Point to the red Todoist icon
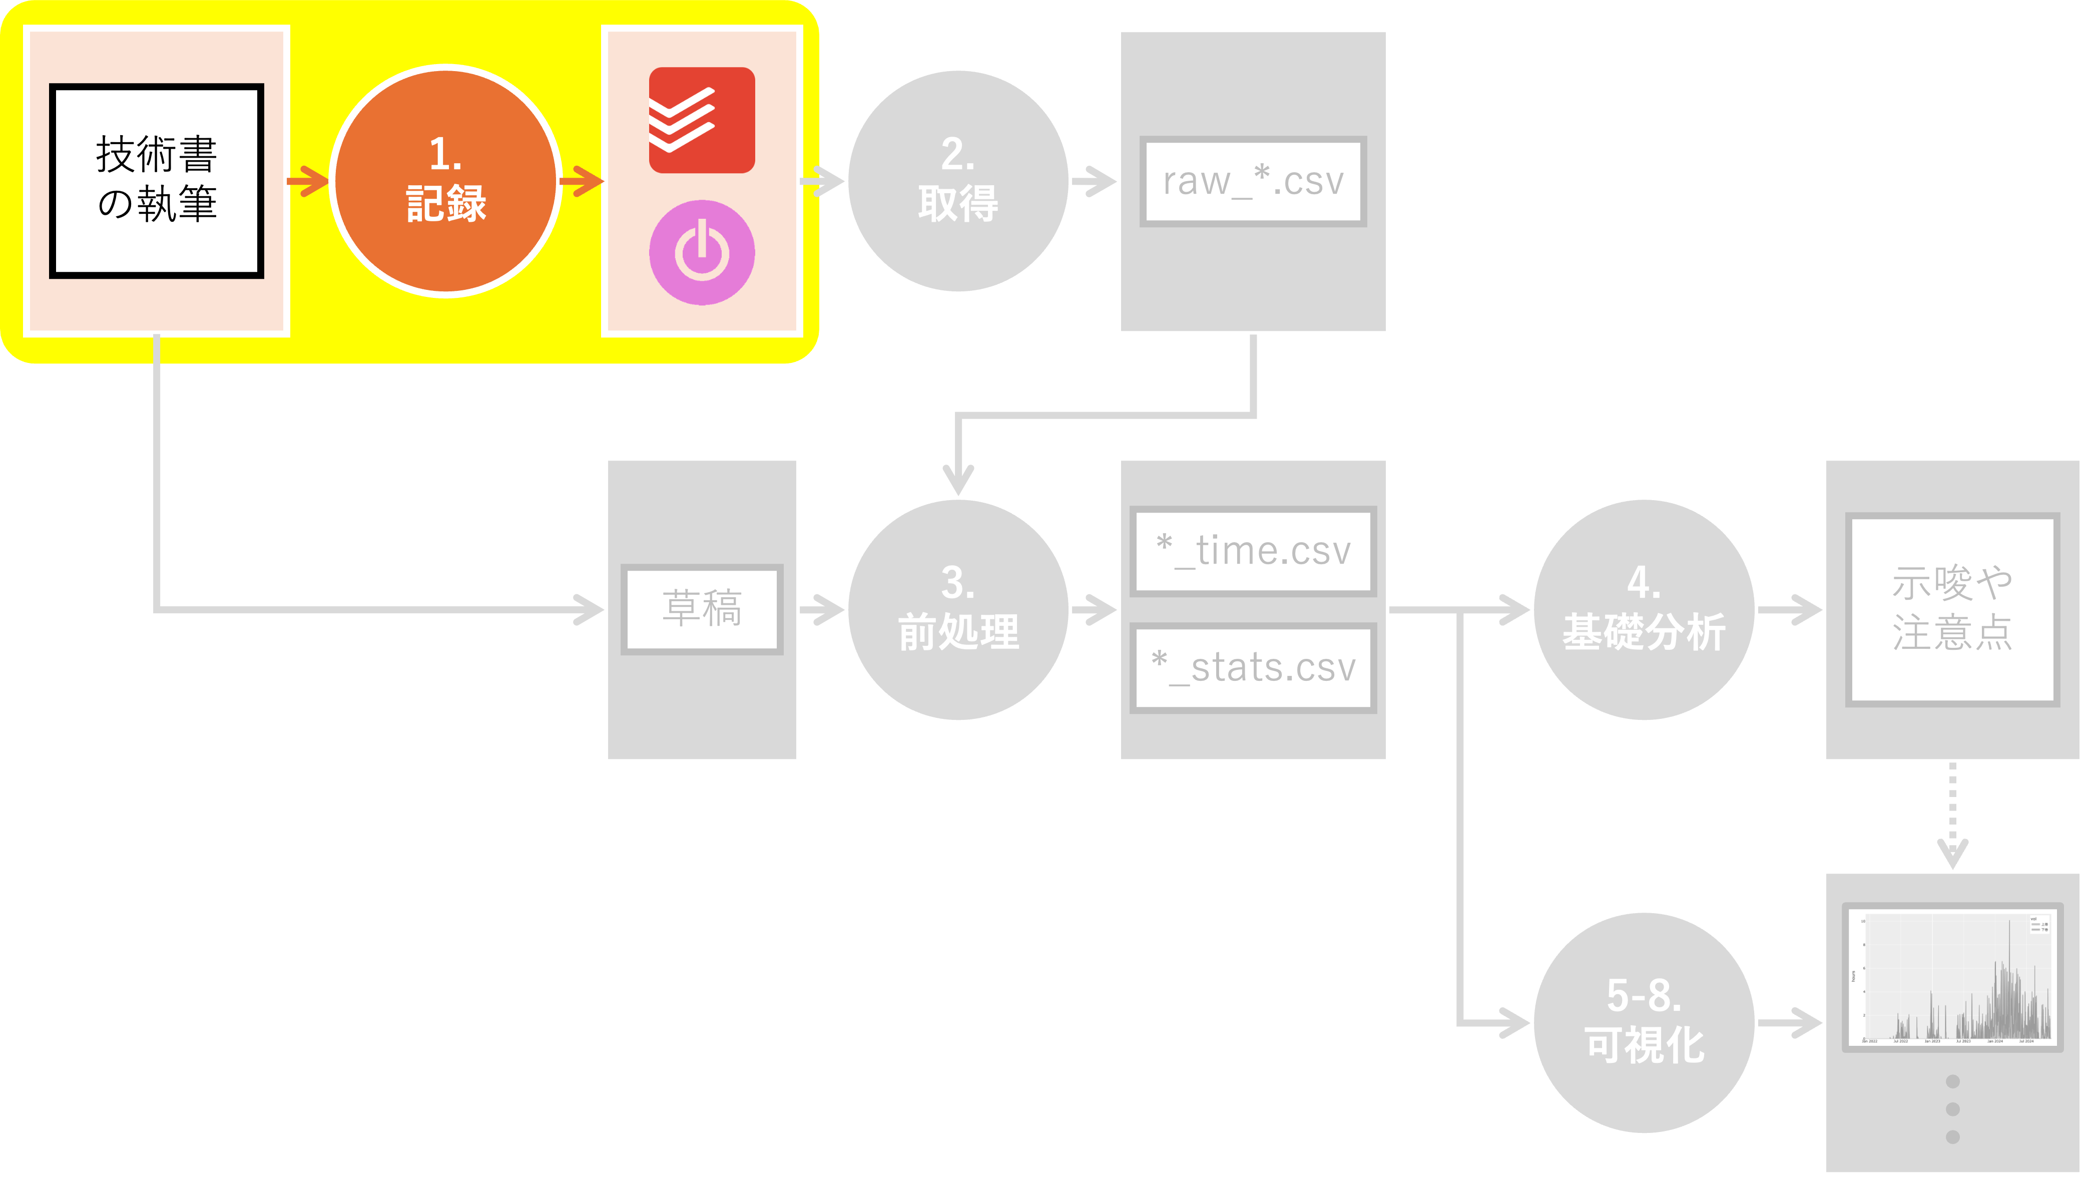click(702, 120)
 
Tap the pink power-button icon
click(702, 252)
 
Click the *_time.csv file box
click(1253, 551)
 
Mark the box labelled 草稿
click(702, 609)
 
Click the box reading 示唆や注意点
click(1952, 609)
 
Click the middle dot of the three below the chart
click(1952, 1108)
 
